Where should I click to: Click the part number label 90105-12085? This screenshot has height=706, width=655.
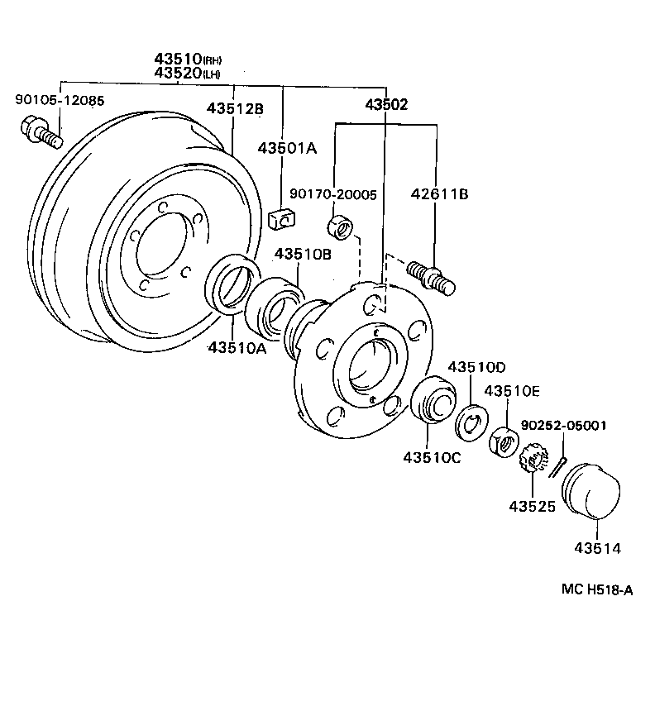[60, 101]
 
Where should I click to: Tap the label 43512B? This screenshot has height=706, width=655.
[235, 108]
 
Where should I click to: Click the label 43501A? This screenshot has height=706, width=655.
[287, 148]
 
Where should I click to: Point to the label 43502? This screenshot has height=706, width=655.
[386, 105]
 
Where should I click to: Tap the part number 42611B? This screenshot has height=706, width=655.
[439, 194]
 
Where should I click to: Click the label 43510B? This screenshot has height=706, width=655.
[303, 255]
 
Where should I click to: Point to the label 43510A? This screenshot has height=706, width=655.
[237, 348]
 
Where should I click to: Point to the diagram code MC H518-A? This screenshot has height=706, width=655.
[596, 589]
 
